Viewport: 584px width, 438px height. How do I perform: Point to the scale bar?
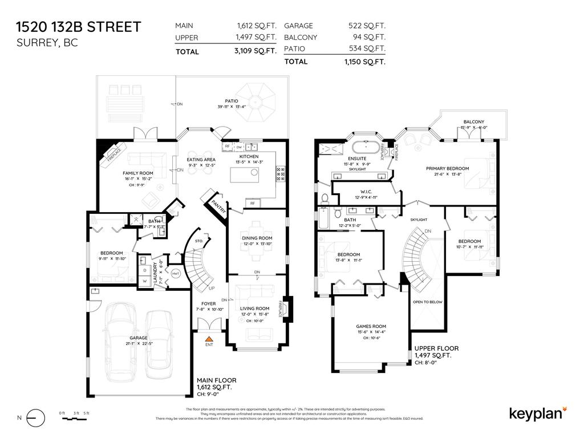(x=75, y=419)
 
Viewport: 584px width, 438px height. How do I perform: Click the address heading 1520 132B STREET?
(x=78, y=27)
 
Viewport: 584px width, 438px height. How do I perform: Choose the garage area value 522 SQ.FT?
(x=367, y=26)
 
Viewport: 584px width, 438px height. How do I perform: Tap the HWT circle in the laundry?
(x=176, y=273)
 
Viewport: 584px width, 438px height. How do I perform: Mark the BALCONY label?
(x=474, y=122)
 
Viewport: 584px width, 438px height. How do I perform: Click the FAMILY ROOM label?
(x=138, y=173)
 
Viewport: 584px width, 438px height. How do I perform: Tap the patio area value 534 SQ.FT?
(x=367, y=48)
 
